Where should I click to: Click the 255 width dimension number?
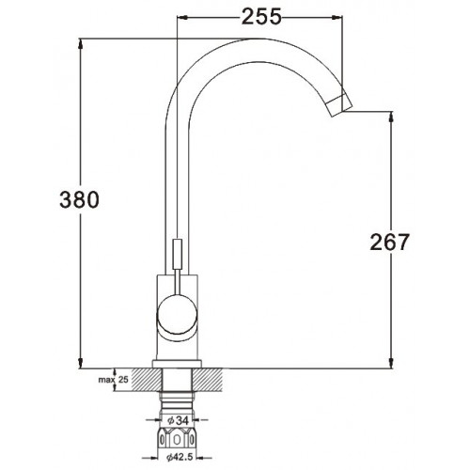(x=261, y=17)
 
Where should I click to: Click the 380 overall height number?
(x=79, y=199)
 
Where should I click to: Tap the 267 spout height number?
(x=389, y=242)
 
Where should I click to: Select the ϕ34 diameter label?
(x=179, y=420)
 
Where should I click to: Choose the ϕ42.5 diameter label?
(x=180, y=458)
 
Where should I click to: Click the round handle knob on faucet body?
(x=177, y=315)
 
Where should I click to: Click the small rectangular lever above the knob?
(x=178, y=254)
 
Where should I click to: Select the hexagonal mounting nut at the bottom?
(x=178, y=439)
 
